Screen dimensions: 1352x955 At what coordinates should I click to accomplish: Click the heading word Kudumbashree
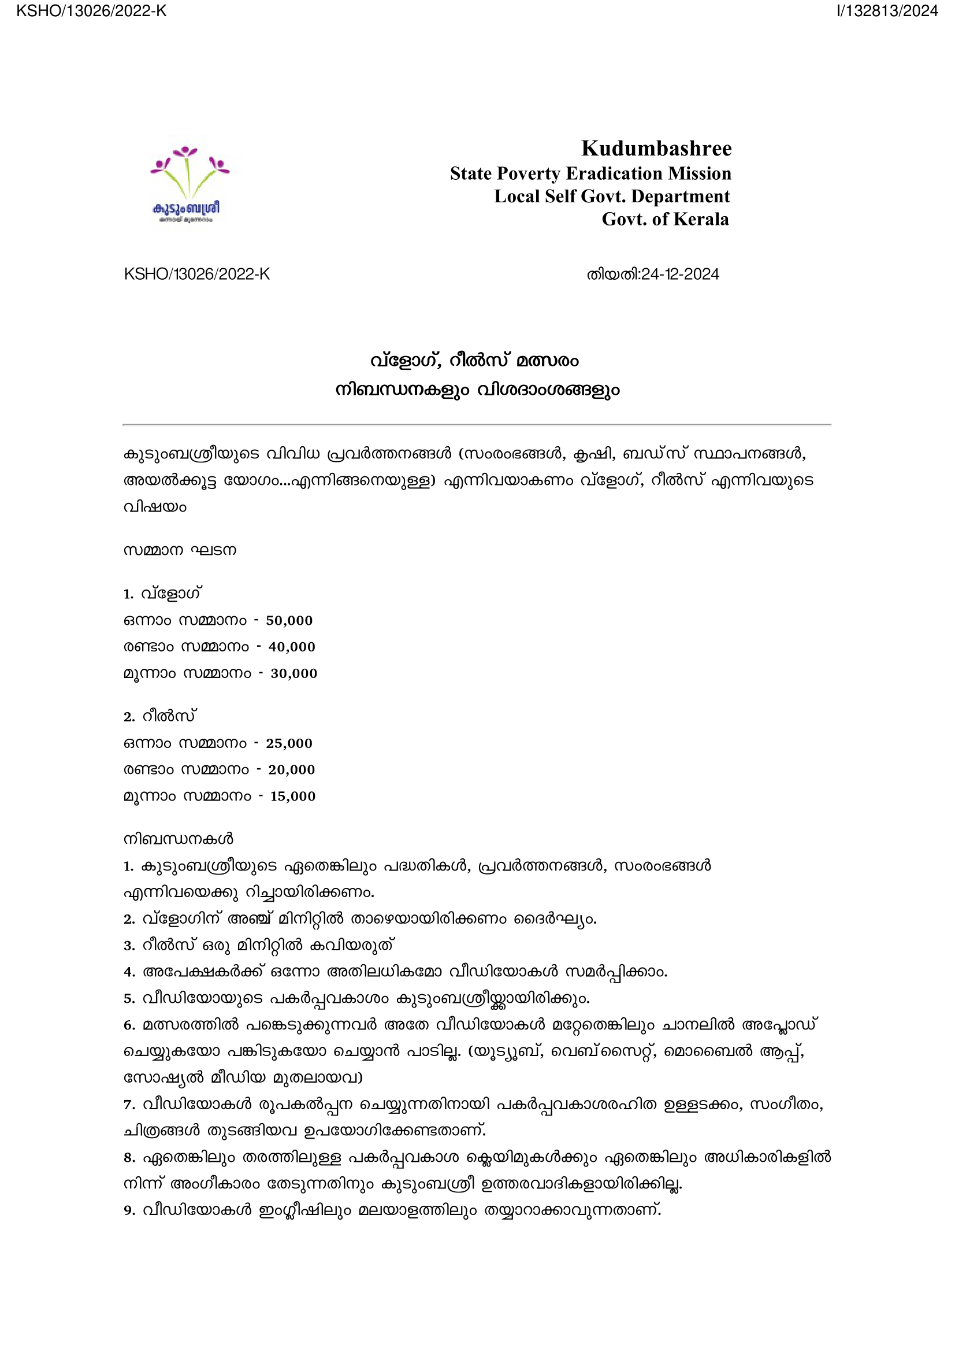click(x=656, y=149)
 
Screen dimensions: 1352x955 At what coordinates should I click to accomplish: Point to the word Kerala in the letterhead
click(x=701, y=219)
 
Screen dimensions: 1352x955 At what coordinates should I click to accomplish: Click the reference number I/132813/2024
click(x=887, y=11)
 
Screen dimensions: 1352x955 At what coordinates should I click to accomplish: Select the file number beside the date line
click(x=196, y=275)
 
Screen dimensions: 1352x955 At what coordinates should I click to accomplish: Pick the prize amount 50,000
click(x=289, y=621)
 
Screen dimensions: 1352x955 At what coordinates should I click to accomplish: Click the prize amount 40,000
click(x=291, y=647)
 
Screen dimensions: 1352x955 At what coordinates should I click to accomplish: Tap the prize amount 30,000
click(x=293, y=673)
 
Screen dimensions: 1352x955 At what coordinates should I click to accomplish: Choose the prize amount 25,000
click(x=289, y=744)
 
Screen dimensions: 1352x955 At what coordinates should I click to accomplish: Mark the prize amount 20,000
click(x=291, y=770)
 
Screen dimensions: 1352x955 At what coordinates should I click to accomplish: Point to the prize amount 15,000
click(x=292, y=797)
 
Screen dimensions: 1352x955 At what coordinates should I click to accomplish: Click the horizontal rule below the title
click(x=477, y=424)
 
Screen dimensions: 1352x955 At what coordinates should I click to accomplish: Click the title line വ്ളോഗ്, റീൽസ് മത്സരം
click(x=474, y=360)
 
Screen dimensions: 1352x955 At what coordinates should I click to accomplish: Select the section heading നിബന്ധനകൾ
click(x=179, y=839)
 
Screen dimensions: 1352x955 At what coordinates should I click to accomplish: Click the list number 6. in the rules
click(x=129, y=1025)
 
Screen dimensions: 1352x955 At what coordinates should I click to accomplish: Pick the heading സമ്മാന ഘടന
click(x=180, y=551)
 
